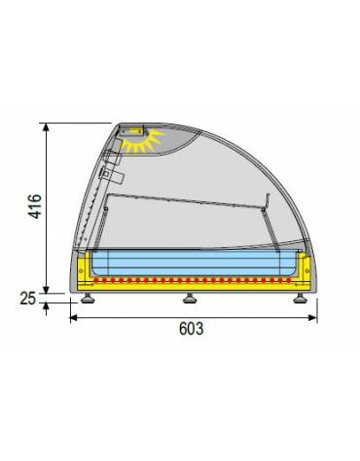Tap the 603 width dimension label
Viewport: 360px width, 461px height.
[191, 329]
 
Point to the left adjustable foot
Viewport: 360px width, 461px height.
[89, 298]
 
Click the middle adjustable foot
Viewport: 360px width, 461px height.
[188, 298]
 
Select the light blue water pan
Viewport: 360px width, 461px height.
[193, 263]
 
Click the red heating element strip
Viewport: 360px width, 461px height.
[193, 280]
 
